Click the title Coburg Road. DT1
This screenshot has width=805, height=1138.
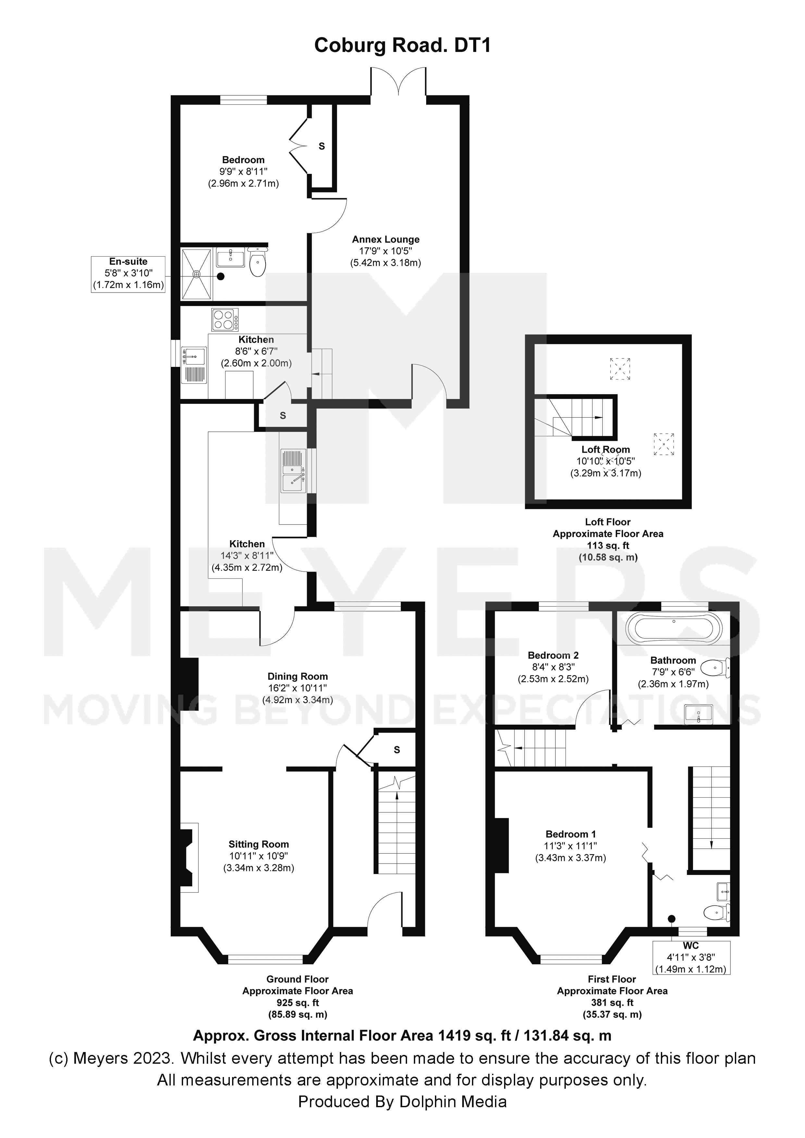pos(402,46)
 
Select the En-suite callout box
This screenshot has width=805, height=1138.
pos(128,273)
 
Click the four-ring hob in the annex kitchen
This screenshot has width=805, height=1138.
pos(225,320)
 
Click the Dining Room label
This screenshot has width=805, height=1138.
pos(298,677)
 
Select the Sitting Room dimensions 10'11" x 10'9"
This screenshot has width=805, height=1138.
pos(258,856)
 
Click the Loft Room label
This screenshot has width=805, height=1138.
pos(606,450)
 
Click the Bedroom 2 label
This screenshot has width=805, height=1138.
pos(553,655)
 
